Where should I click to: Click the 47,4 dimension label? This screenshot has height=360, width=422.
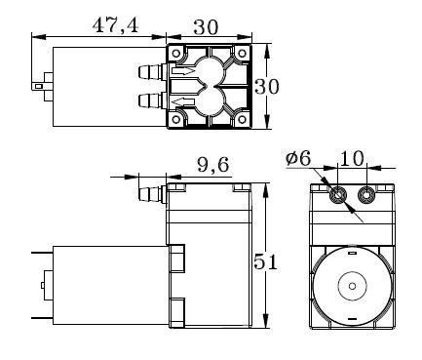coord(115,26)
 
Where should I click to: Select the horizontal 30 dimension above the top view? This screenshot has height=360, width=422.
coord(206,27)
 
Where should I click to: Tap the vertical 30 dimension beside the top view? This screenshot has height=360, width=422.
coord(267,87)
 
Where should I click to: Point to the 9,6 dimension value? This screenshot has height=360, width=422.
coord(213,165)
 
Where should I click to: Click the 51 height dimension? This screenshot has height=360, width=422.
coord(265,261)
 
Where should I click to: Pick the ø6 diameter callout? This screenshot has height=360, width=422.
coord(298,159)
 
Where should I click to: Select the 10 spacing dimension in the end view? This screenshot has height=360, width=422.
coord(352,159)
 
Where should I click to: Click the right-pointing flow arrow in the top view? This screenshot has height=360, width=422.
coord(183,71)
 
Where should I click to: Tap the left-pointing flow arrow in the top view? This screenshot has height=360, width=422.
coord(183,102)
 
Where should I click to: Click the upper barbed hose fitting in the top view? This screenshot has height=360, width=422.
coord(152,71)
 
